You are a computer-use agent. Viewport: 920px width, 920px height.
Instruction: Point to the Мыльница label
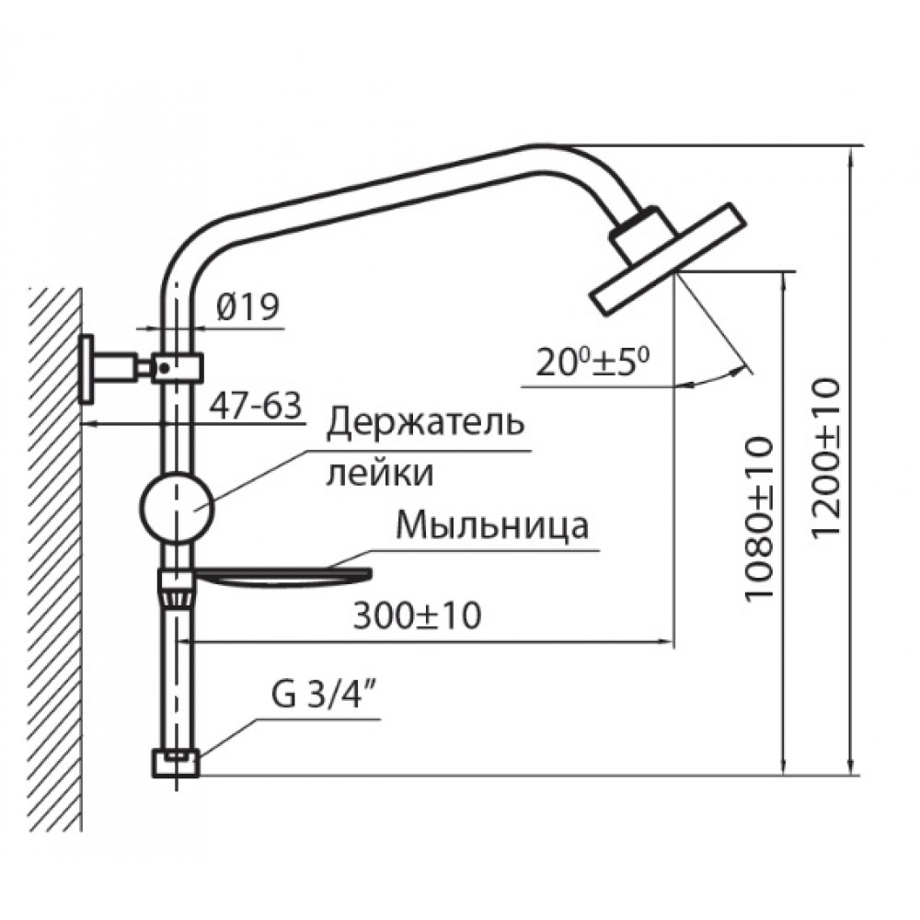(492, 528)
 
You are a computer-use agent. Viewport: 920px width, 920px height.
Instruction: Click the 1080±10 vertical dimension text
(760, 520)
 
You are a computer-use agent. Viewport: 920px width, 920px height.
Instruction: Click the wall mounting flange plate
(87, 368)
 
